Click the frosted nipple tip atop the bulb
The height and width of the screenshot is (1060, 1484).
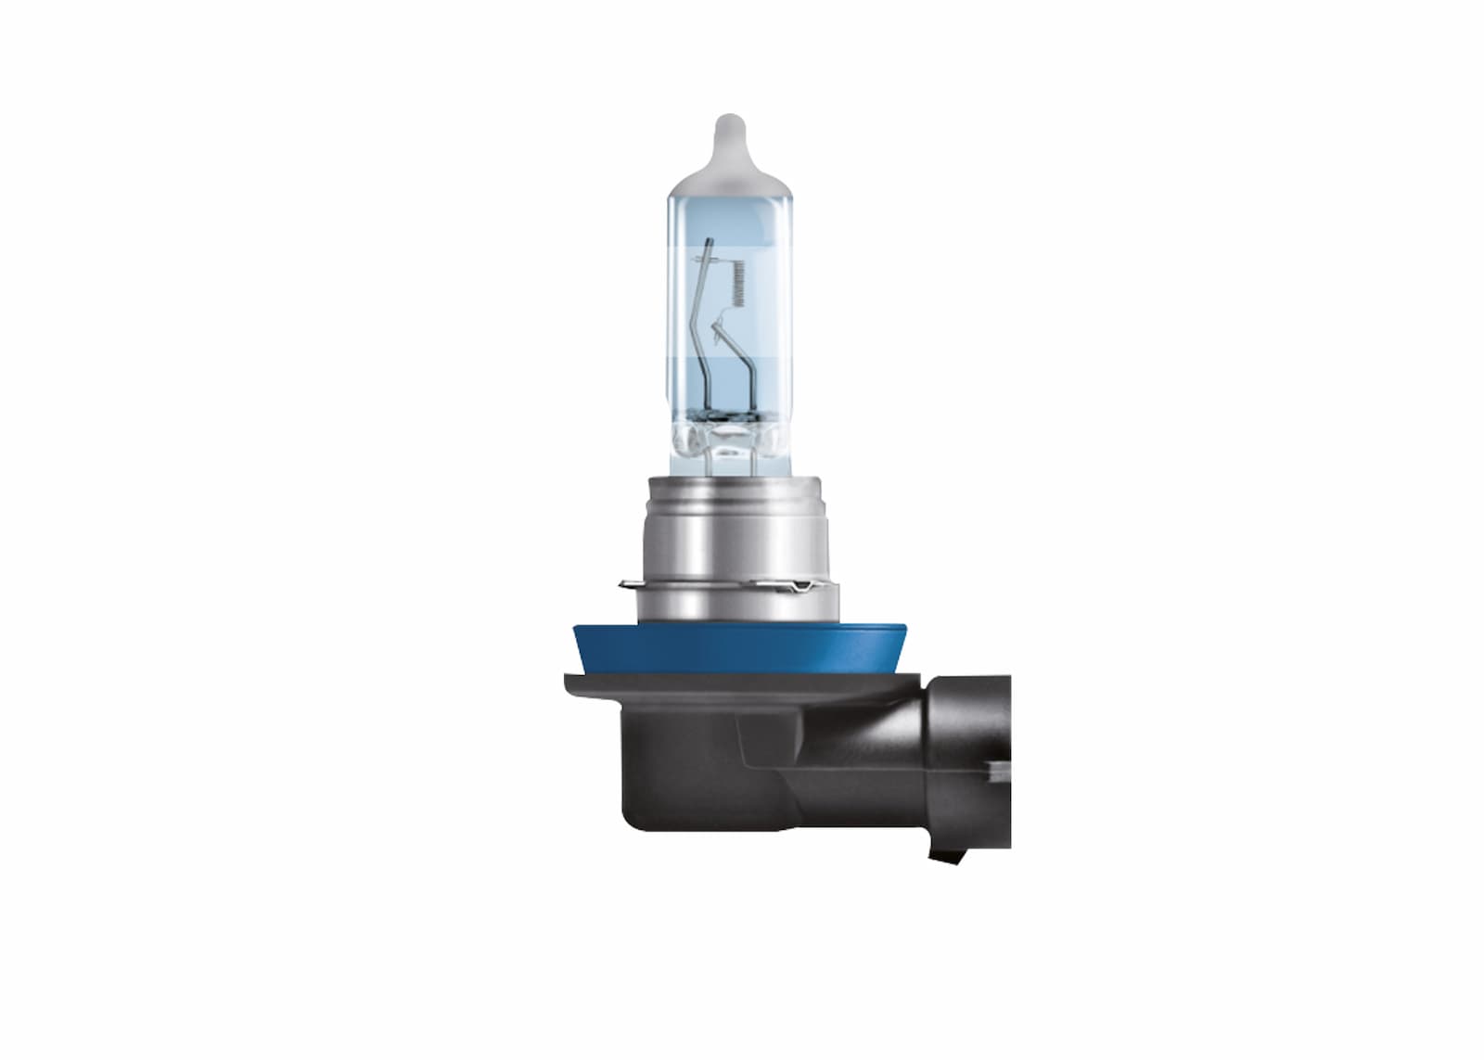point(730,131)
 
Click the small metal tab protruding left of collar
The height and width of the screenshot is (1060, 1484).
point(625,584)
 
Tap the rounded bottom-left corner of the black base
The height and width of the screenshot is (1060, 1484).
point(631,816)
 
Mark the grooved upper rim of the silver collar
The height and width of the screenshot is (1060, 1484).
point(729,486)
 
